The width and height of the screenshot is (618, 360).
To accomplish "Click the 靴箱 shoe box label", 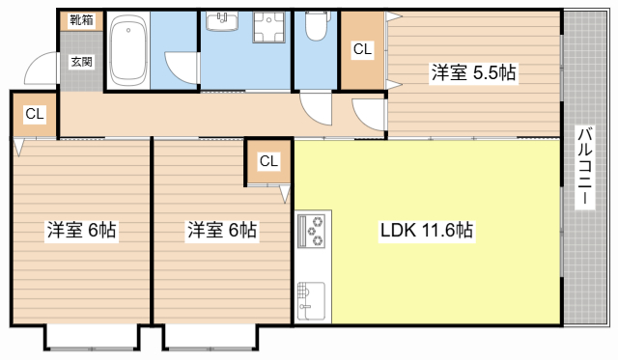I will coord(80,20).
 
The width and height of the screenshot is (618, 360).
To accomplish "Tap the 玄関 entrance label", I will coord(80,62).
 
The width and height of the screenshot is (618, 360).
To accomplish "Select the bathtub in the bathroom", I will coord(126,51).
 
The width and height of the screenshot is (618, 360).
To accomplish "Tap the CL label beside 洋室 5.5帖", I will coord(362,48).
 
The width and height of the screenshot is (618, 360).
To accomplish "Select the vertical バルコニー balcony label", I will coord(584,169).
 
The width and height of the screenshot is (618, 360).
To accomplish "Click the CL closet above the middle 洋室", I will coord(268,161).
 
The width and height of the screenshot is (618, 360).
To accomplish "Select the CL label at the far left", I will coord(35,114).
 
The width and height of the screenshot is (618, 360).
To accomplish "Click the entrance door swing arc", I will coord(41,69).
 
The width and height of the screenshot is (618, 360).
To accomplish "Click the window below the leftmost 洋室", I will coord(94,338).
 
